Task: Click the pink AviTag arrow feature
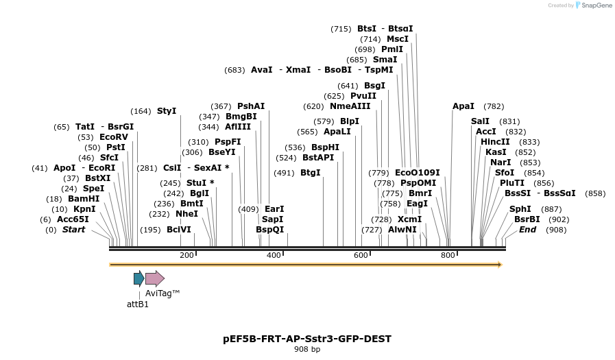(x=155, y=278)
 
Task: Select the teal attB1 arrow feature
(x=138, y=278)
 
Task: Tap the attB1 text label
(x=138, y=304)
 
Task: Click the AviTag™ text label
(x=162, y=293)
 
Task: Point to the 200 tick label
(x=186, y=255)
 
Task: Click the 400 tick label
(x=274, y=255)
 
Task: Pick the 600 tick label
(x=361, y=255)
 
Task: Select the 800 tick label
(x=448, y=255)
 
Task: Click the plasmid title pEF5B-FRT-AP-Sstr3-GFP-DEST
(x=307, y=339)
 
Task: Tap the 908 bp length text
(x=307, y=350)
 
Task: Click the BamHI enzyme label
(x=84, y=199)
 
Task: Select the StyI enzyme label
(x=167, y=111)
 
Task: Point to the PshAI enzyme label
(x=251, y=106)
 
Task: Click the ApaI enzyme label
(x=463, y=106)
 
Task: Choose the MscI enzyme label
(x=398, y=39)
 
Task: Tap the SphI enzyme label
(x=520, y=209)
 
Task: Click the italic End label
(x=527, y=230)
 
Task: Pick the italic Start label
(x=74, y=230)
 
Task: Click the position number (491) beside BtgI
(x=284, y=173)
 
